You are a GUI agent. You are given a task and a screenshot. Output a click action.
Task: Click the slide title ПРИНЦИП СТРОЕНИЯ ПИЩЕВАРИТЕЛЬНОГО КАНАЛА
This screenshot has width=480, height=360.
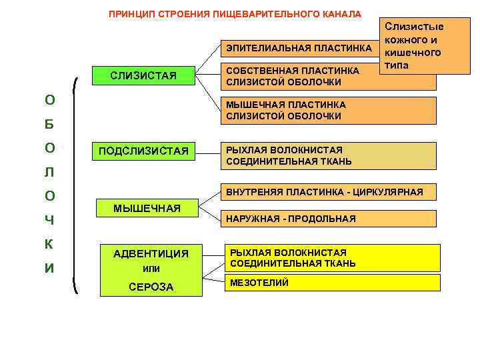click(235, 14)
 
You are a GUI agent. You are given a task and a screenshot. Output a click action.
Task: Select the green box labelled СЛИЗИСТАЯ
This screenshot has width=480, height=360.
click(143, 75)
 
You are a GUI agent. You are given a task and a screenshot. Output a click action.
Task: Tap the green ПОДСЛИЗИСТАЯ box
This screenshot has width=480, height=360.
click(143, 151)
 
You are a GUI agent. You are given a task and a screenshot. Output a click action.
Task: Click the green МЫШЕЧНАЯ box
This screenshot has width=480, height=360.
click(147, 209)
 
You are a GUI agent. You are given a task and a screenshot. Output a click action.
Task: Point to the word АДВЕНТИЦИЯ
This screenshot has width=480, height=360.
click(151, 254)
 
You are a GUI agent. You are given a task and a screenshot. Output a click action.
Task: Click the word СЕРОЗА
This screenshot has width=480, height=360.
click(151, 287)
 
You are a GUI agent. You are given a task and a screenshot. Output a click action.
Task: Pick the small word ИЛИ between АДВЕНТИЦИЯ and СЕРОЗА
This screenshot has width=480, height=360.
click(151, 269)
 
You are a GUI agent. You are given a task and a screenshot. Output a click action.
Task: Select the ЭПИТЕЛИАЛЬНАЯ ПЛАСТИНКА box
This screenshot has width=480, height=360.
click(299, 49)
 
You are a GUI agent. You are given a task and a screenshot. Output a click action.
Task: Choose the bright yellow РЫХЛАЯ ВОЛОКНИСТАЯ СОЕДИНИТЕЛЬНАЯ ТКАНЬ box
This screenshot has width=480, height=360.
click(333, 258)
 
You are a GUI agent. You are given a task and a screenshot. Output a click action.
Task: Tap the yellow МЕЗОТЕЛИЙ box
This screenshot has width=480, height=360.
click(333, 283)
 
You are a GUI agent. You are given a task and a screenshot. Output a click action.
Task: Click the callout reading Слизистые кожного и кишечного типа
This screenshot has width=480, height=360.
click(425, 46)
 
